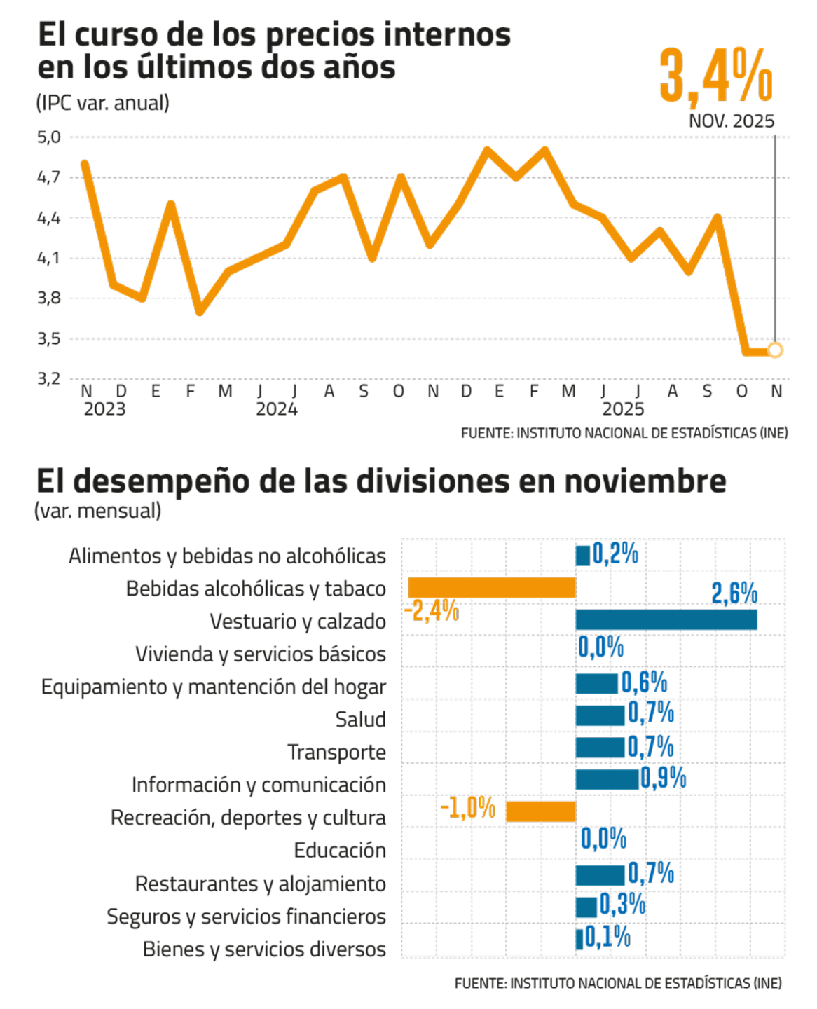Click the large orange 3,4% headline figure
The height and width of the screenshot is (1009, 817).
715,76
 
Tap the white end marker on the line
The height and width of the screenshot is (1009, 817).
775,350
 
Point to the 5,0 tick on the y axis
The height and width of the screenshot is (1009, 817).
49,137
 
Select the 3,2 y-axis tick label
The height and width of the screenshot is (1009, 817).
49,379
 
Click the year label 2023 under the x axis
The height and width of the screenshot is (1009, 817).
104,409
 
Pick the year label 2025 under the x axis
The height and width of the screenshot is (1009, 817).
623,409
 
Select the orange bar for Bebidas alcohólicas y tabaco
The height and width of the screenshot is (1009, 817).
492,588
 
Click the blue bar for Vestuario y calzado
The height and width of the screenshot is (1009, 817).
666,620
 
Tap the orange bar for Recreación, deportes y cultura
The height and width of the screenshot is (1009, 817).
540,811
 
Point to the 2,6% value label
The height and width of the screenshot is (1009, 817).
734,593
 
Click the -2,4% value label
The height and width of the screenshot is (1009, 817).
431,612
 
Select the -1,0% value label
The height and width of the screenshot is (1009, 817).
468,809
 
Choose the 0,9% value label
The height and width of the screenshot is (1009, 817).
663,778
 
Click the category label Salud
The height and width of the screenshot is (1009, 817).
360,720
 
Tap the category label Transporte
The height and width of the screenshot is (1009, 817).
336,753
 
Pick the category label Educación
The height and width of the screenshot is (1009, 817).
340,851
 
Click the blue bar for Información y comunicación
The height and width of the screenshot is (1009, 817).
607,779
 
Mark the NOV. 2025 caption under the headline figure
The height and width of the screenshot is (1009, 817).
732,121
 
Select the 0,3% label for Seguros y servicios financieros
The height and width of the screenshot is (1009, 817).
622,905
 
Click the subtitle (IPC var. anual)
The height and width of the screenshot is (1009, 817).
102,103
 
